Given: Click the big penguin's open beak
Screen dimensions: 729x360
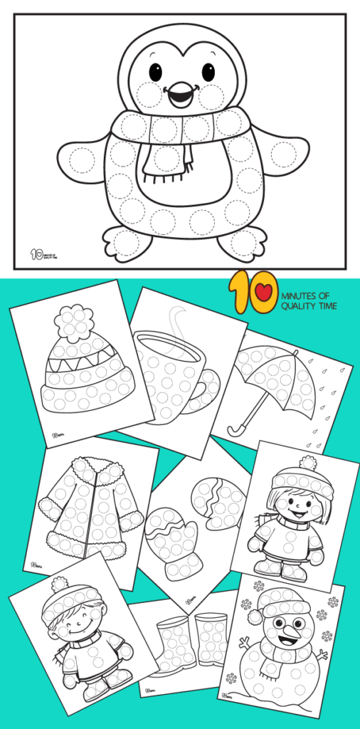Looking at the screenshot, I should click(179, 93).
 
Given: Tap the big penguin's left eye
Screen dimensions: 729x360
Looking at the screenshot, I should click(155, 72).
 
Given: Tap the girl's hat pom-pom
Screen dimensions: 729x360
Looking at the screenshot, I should click(307, 463).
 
